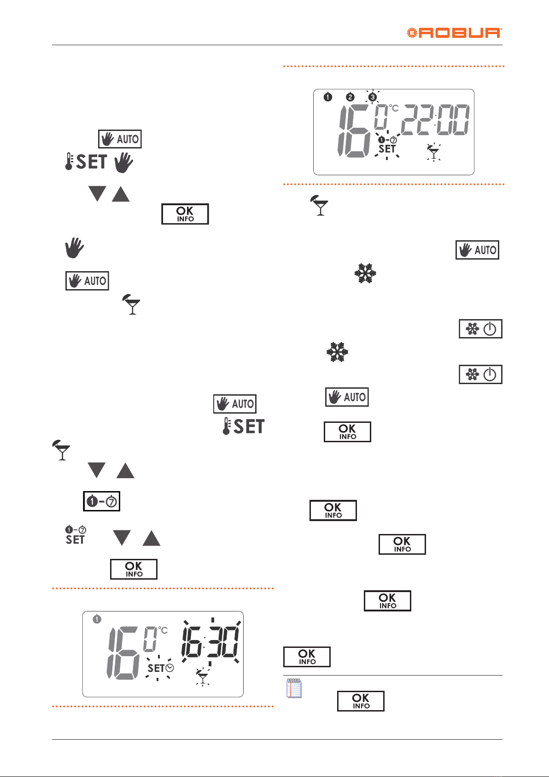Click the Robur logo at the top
tap(454, 33)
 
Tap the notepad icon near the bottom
tap(294, 688)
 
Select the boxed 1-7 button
tap(101, 501)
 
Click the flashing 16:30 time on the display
tap(211, 642)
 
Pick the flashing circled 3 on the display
tap(372, 97)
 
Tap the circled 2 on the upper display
tap(350, 97)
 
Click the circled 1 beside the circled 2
tap(327, 97)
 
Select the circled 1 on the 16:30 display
tap(97, 619)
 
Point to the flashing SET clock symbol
tap(160, 668)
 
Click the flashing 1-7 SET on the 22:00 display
tap(387, 145)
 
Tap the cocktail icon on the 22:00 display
tap(433, 152)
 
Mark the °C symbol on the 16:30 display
tap(163, 630)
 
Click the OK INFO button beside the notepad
tap(361, 701)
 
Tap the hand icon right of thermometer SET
tap(123, 163)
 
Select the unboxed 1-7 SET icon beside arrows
tap(76, 535)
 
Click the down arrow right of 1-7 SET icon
tap(122, 538)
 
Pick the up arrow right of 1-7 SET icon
tap(152, 538)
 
